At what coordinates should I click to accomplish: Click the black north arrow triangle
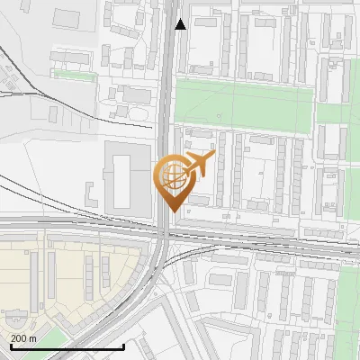pos(181,24)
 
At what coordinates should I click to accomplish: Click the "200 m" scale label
pos(23,338)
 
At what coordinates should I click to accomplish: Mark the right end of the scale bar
pos(123,346)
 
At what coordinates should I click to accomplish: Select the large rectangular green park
pos(243,100)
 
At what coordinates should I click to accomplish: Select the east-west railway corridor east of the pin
pos(270,241)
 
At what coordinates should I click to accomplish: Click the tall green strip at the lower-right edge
pos(349,306)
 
